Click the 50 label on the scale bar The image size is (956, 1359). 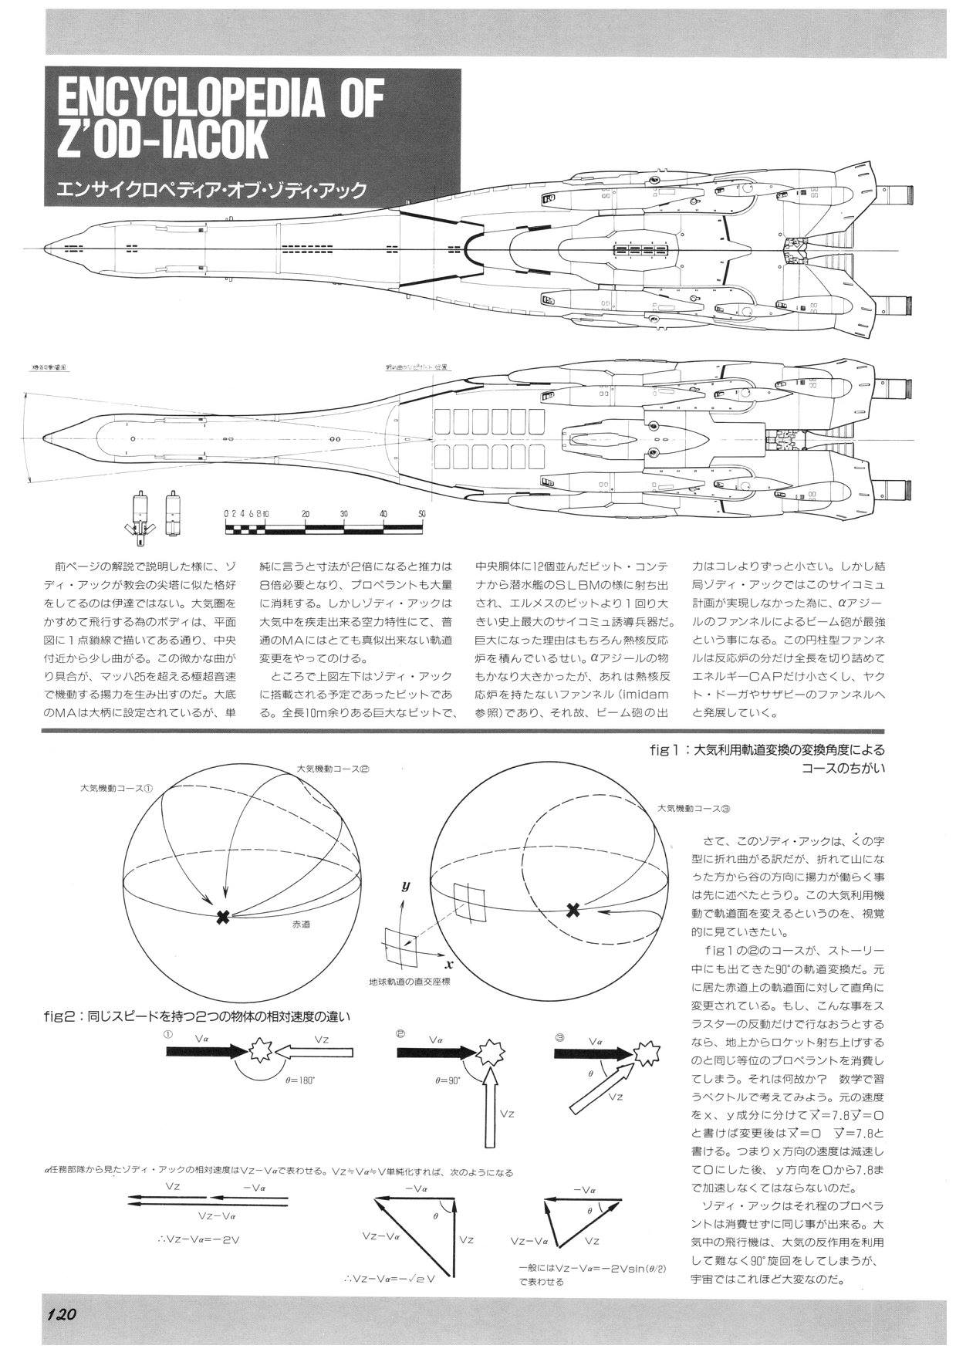421,513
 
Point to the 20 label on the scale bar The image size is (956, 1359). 306,513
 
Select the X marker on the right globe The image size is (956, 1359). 573,910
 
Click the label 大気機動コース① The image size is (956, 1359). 117,789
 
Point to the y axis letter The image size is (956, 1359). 405,887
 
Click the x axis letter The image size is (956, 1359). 448,964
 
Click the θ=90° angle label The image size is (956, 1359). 448,1080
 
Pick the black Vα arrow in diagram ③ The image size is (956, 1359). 593,1052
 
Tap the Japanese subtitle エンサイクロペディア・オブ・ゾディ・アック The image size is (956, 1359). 206,190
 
